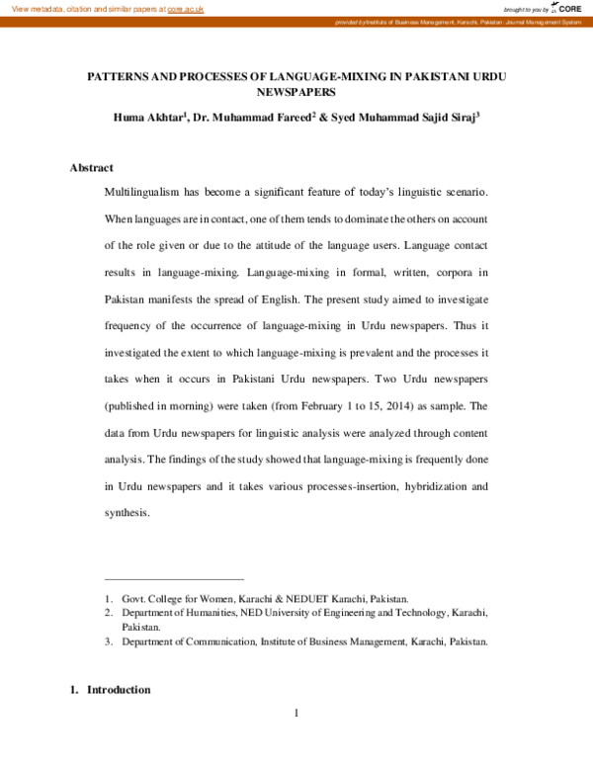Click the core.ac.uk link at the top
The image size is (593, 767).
pos(186,8)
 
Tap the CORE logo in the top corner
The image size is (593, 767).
pos(567,8)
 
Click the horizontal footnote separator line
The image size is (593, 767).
pos(173,579)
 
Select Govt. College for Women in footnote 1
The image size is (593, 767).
pos(178,599)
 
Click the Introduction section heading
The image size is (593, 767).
pos(119,689)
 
